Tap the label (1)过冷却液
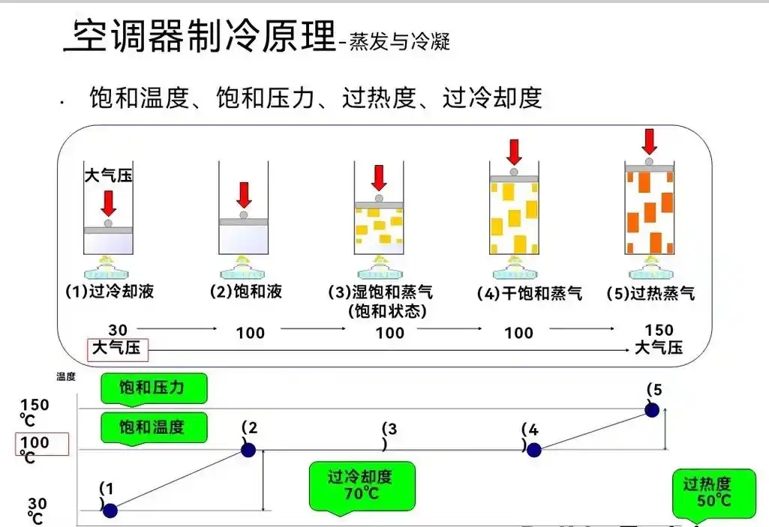tap(110, 292)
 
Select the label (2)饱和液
tap(245, 292)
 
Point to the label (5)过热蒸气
tap(650, 293)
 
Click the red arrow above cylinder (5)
tap(650, 142)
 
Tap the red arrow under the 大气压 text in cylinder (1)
tap(109, 202)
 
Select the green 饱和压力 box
tap(152, 388)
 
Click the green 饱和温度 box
tap(152, 428)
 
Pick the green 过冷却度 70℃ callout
tap(360, 485)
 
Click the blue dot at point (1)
tap(110, 511)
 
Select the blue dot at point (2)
tap(248, 450)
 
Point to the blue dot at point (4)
tap(533, 450)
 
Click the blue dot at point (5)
tap(652, 409)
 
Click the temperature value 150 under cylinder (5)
tap(659, 331)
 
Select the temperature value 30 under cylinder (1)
tap(118, 330)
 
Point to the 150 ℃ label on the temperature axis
tap(35, 411)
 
